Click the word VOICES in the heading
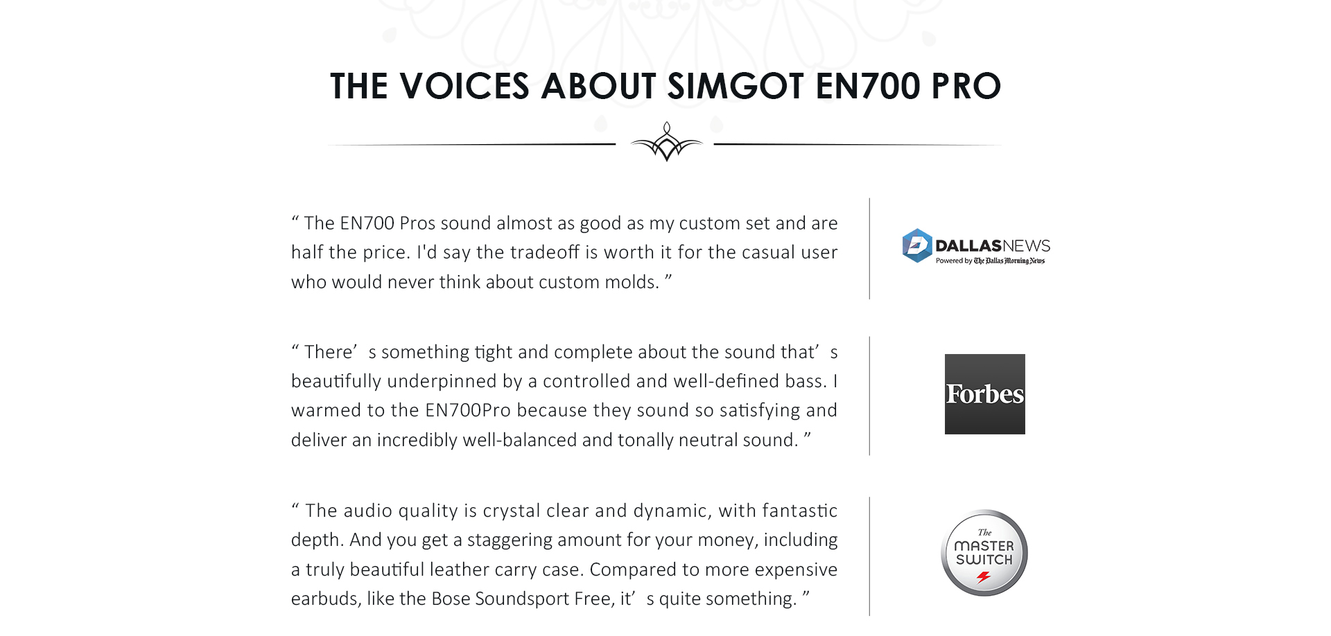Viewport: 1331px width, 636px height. click(x=464, y=86)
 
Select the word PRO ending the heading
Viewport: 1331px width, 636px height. click(x=966, y=86)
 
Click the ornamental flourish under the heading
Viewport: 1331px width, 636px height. click(x=666, y=142)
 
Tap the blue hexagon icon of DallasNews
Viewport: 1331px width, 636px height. click(x=916, y=246)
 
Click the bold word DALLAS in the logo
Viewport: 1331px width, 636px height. click(x=968, y=246)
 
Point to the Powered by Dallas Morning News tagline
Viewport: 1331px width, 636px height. click(x=990, y=260)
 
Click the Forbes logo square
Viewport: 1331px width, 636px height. click(x=984, y=394)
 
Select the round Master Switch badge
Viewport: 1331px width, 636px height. click(x=984, y=553)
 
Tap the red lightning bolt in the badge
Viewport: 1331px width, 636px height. click(x=984, y=577)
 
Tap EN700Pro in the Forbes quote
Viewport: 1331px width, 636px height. click(x=467, y=410)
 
